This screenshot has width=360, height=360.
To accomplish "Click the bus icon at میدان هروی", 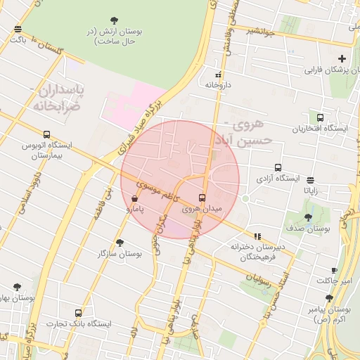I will tap(202, 198).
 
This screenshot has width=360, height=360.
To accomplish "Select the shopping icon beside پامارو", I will tap(134, 199).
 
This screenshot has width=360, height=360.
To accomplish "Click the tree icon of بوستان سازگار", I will tap(120, 242).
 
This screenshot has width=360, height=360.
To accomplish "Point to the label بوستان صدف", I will tap(309, 229).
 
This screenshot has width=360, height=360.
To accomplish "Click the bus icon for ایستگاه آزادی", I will tap(278, 168).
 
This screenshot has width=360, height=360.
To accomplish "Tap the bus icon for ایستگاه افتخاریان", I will tap(321, 117).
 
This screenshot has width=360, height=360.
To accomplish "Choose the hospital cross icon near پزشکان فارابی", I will tap(342, 58).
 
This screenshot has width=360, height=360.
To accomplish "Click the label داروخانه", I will tap(218, 84).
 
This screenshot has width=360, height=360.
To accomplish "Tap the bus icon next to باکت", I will tap(18, 29).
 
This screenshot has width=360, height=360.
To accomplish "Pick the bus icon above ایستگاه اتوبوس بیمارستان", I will tap(46, 134).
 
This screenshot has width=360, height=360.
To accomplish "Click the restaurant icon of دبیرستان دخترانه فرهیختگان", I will tap(257, 236).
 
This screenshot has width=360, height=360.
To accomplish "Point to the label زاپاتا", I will tap(310, 191).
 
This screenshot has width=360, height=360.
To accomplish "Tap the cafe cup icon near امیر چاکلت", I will tap(335, 270).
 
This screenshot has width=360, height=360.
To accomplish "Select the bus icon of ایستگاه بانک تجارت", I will tap(79, 313).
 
